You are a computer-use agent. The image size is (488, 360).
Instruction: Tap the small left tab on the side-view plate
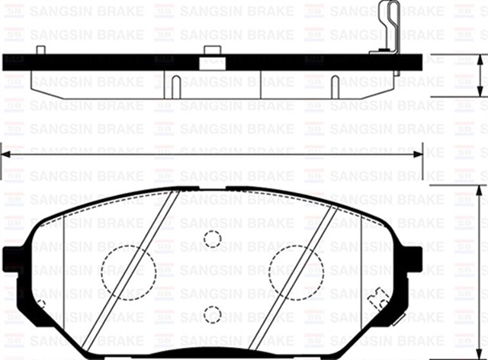41,50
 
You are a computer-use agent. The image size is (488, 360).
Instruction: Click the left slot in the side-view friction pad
175,85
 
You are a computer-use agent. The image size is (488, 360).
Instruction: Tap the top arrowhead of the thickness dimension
480,60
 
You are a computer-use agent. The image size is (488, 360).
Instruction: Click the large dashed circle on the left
128,272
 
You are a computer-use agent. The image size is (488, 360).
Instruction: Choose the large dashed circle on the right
297,272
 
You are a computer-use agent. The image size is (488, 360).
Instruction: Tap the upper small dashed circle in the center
213,239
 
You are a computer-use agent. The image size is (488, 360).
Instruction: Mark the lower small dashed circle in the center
213,313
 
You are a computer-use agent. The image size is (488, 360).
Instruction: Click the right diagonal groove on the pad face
294,275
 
